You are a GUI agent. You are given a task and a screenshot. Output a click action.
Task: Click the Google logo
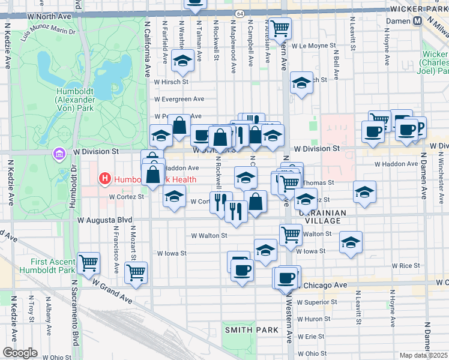(20, 353)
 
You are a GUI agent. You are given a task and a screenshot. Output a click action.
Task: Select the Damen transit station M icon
(418, 20)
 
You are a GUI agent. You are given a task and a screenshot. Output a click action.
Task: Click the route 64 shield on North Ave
(240, 13)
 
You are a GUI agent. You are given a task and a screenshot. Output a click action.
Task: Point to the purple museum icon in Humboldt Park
(59, 155)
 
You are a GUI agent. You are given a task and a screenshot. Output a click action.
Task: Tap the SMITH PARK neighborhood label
(252, 330)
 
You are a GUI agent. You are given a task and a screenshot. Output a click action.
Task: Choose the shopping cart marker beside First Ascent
(89, 262)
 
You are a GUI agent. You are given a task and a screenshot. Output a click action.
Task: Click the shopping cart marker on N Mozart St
(136, 272)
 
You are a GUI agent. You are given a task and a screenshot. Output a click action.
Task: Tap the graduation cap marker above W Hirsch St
(182, 60)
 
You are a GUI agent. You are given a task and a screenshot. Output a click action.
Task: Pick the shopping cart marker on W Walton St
(291, 235)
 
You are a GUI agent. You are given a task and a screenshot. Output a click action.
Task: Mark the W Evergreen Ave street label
(179, 99)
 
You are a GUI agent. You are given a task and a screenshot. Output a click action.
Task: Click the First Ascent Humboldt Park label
(53, 266)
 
